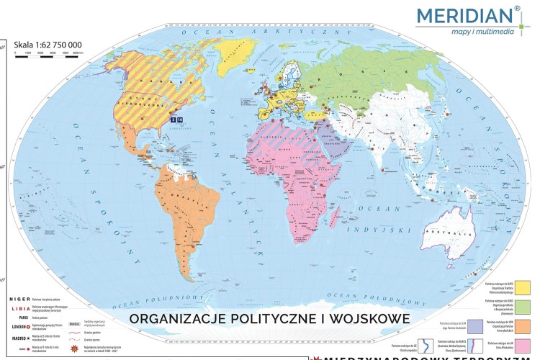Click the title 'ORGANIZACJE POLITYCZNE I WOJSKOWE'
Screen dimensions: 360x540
(270, 317)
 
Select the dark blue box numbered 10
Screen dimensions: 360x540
(180, 120)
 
